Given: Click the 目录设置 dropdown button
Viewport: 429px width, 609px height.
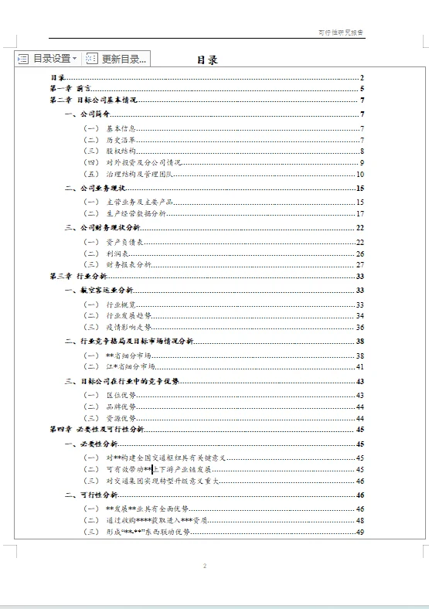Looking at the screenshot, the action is point(47,59).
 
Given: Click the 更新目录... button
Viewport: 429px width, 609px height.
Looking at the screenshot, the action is point(117,59).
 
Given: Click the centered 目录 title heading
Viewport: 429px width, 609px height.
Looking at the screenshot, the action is point(206,60).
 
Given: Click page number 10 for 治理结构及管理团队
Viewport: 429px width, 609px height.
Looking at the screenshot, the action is point(359,175).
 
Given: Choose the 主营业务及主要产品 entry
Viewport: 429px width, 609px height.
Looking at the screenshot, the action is point(138,202).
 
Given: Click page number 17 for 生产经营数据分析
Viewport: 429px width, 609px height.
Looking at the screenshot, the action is point(359,213).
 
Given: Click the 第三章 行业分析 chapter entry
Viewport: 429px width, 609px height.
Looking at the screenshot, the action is point(78,276).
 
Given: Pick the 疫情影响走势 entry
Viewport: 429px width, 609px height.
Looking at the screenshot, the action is point(128,327).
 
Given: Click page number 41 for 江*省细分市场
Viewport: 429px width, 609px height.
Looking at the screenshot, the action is point(359,366).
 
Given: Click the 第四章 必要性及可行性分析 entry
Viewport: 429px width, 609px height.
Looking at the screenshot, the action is point(96,429).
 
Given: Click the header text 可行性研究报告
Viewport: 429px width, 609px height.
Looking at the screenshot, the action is point(341,32).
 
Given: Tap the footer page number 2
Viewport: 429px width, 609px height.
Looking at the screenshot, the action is point(205,566).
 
